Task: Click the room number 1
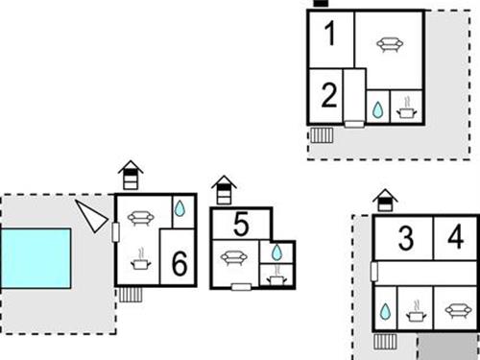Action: [x=329, y=34]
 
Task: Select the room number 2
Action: [x=329, y=95]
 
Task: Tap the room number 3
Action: [x=406, y=238]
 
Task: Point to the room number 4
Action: [x=456, y=237]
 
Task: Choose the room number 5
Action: [x=241, y=225]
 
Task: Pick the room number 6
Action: [x=180, y=263]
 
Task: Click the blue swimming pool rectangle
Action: [x=36, y=258]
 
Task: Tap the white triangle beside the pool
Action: [x=91, y=216]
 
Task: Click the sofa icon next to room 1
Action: [x=390, y=44]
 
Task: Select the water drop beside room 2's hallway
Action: [x=378, y=110]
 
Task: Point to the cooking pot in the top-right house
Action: [x=407, y=108]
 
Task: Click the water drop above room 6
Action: [x=180, y=208]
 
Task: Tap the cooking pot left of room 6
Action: [x=141, y=259]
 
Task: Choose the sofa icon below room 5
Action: [x=234, y=258]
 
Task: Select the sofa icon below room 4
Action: [x=458, y=310]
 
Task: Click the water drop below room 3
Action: [x=385, y=312]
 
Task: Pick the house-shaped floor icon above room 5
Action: [x=224, y=190]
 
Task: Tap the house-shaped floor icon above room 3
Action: [x=385, y=201]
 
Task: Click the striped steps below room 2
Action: [x=322, y=135]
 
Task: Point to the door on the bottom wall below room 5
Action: [x=241, y=287]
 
